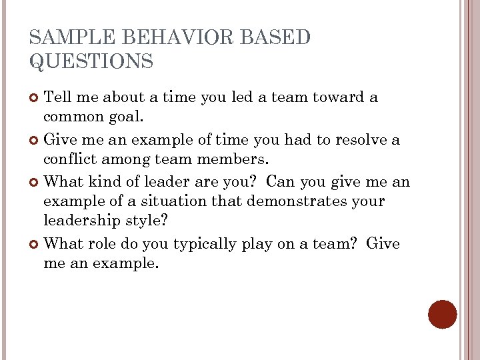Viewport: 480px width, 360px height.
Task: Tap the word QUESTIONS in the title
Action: pos(91,62)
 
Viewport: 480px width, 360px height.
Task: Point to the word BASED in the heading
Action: pos(275,38)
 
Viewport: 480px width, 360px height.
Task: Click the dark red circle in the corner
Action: pos(442,314)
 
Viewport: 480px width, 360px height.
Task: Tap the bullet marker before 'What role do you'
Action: pos(35,245)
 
